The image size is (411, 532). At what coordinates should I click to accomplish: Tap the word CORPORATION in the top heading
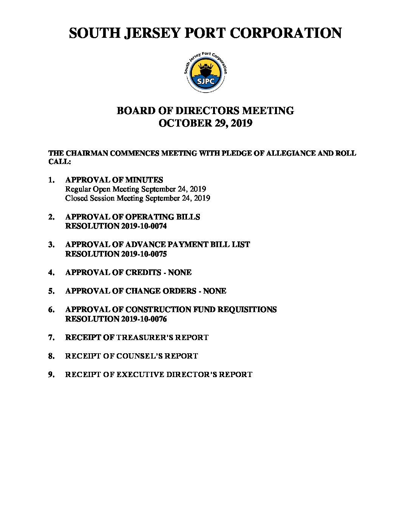click(x=286, y=33)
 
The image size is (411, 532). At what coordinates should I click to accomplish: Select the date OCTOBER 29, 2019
click(x=205, y=123)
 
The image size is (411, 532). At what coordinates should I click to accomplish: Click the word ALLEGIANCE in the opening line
click(x=288, y=153)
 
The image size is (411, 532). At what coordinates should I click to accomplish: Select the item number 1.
click(x=51, y=180)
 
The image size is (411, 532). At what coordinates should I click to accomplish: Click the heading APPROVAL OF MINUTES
click(x=114, y=180)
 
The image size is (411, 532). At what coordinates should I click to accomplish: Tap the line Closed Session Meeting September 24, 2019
click(x=138, y=198)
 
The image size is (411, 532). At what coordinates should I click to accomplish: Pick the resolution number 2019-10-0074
click(x=144, y=226)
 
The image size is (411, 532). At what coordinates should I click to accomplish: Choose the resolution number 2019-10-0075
click(x=144, y=254)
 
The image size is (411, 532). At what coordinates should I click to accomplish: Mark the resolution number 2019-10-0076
click(x=144, y=319)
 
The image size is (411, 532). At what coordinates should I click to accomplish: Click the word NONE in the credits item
click(x=180, y=273)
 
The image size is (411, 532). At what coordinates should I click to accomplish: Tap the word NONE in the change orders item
click(x=215, y=291)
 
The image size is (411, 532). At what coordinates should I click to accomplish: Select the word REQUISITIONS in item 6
click(x=247, y=310)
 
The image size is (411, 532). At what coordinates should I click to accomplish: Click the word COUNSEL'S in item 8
click(x=139, y=356)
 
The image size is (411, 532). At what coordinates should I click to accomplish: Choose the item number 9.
click(x=51, y=375)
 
